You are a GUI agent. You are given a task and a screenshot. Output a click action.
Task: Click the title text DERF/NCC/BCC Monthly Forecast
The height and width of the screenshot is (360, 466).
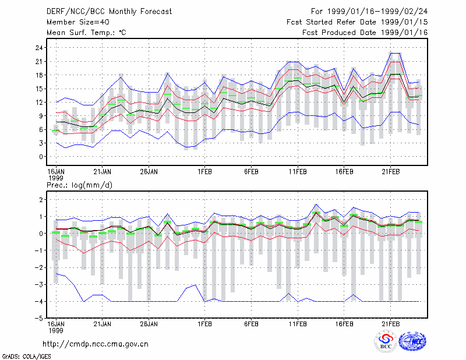[109, 12]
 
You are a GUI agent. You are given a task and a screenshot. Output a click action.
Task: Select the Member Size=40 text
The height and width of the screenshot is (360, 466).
[78, 22]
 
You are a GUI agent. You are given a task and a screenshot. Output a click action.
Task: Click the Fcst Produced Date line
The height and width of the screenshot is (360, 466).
[365, 33]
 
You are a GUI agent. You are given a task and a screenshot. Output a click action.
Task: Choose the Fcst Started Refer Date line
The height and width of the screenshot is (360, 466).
[357, 22]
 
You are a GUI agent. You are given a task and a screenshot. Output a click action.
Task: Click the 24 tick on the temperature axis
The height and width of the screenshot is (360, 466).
[39, 48]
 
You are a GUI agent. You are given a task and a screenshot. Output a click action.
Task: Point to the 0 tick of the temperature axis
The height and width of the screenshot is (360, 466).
[41, 157]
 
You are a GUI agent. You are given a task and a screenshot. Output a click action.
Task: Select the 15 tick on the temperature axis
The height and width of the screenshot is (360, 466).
[39, 89]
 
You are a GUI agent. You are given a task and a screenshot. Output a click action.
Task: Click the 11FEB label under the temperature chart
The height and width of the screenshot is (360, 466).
[298, 172]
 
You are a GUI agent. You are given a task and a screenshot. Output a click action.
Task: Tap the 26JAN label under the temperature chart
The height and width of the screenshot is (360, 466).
[149, 172]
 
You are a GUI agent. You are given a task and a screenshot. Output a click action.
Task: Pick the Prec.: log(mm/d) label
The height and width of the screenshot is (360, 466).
[79, 185]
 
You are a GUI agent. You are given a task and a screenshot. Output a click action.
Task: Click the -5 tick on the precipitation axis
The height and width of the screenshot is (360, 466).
[38, 319]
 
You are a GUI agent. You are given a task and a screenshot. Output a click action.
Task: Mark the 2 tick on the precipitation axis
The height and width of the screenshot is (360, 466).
[41, 199]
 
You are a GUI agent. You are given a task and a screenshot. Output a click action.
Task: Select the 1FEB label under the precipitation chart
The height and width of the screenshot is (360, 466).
[205, 324]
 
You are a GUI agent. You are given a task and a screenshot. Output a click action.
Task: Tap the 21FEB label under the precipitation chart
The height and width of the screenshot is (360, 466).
[390, 324]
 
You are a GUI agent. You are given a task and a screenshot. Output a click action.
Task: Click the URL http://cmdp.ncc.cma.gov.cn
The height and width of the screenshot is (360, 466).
[96, 344]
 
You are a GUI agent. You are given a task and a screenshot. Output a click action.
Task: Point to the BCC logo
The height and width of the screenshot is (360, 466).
[386, 342]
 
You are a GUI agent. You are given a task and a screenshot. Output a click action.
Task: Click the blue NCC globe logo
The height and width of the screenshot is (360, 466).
[412, 341]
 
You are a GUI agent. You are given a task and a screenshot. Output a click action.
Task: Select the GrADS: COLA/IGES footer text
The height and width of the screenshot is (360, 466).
[27, 357]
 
